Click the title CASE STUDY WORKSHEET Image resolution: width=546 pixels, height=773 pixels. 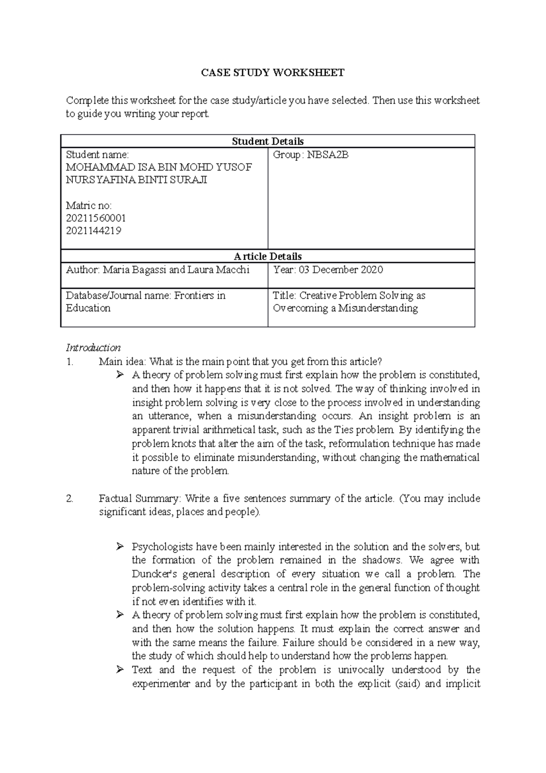[273, 72]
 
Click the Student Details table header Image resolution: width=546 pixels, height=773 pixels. [268, 141]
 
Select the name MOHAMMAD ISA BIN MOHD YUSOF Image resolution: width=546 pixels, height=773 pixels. [159, 167]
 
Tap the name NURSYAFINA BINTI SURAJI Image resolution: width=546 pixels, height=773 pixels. [136, 180]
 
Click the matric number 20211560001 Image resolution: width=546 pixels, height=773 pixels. [96, 218]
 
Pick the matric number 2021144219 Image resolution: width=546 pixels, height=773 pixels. [93, 231]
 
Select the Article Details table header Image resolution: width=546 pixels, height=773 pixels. [268, 256]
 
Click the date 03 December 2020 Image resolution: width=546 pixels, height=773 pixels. [341, 270]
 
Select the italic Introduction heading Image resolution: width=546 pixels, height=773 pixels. [93, 348]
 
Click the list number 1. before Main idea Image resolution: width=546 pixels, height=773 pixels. [70, 362]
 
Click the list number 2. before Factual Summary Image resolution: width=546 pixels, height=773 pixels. [70, 498]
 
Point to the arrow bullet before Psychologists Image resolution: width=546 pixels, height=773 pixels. [120, 546]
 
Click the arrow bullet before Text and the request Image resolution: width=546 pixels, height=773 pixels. [120, 670]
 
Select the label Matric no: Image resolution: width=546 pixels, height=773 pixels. [89, 206]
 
